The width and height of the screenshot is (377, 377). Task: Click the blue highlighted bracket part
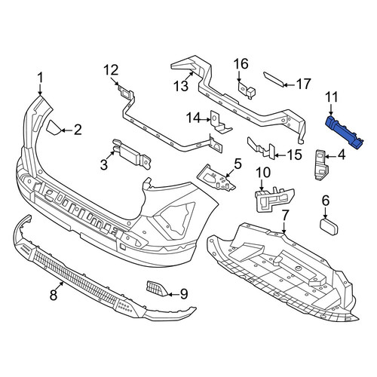point(345,132)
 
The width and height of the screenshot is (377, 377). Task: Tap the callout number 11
point(331,97)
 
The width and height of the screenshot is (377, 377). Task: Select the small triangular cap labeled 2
point(54,128)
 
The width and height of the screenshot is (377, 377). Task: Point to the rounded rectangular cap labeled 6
point(329,227)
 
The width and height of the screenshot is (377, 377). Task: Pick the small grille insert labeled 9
point(156,288)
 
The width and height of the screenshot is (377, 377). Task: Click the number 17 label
point(303,84)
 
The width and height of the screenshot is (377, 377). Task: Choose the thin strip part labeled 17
point(274,79)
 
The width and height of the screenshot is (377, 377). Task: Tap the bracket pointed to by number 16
point(247,91)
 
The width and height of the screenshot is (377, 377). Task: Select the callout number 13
point(181,85)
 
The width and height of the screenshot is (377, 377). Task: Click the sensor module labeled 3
point(131,154)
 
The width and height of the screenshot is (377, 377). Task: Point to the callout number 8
point(54,295)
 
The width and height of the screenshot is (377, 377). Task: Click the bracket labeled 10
point(274,199)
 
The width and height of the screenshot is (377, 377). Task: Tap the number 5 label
point(238,164)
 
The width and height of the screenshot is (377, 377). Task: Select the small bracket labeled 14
point(221,122)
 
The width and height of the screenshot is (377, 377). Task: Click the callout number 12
point(111,70)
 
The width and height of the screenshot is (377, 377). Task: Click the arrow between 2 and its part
point(66,130)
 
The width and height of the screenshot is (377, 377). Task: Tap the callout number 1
point(40,78)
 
